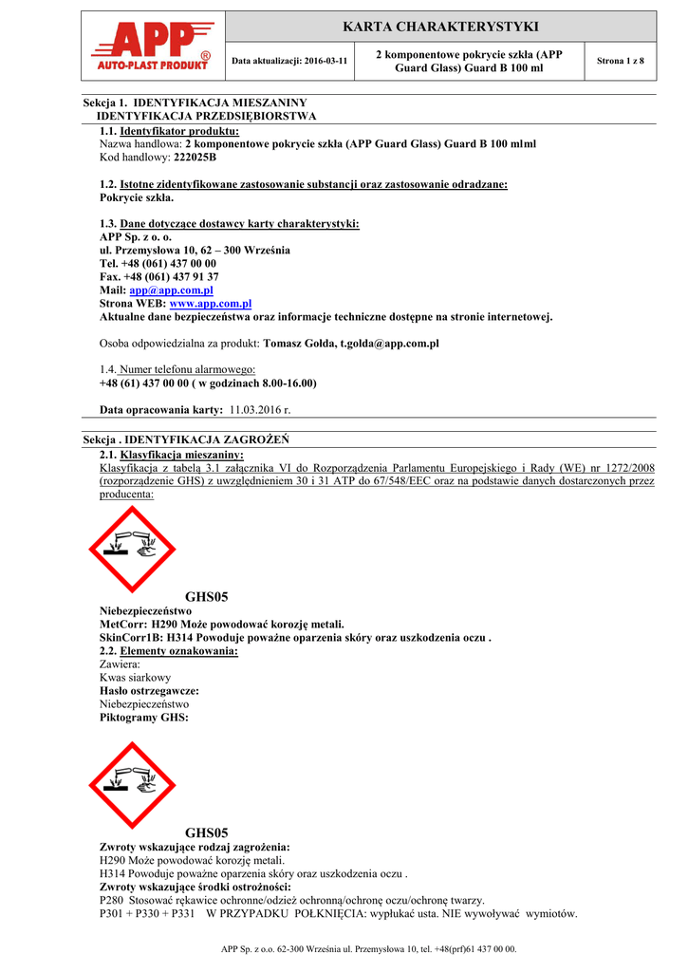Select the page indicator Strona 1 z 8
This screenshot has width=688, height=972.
(620, 61)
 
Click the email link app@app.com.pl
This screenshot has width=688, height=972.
(171, 290)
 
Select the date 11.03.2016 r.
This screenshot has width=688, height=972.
(260, 409)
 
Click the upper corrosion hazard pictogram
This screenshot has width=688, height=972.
(133, 549)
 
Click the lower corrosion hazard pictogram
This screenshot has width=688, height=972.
(133, 786)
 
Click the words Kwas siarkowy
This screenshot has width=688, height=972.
(136, 678)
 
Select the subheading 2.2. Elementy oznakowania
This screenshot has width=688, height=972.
(169, 651)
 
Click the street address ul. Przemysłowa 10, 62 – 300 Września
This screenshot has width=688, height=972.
(195, 250)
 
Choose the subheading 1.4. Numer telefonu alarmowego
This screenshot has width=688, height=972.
(177, 369)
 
